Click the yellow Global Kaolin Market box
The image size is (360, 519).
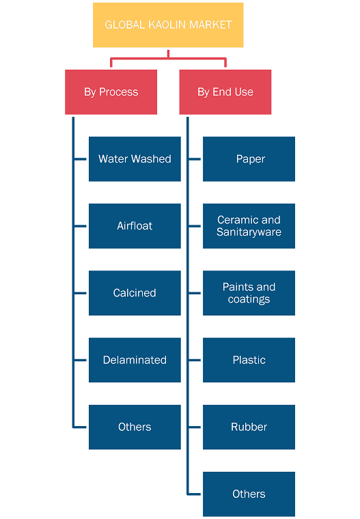tap(168, 25)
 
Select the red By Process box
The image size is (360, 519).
tap(111, 92)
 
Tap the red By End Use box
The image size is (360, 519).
tap(225, 92)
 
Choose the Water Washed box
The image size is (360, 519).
tap(135, 159)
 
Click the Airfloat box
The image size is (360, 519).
tap(135, 226)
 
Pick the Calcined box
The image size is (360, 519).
tap(135, 293)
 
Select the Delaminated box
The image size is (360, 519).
tap(135, 360)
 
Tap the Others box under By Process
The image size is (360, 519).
tap(135, 427)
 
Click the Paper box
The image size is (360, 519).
tap(249, 159)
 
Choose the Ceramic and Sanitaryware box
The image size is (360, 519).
tap(249, 226)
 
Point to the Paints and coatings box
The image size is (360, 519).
tap(249, 293)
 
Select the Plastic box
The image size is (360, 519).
tap(249, 360)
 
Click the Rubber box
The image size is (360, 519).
tap(249, 427)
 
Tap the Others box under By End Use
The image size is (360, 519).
tap(249, 494)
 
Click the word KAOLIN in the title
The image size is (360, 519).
tap(168, 25)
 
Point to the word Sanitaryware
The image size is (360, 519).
tap(249, 232)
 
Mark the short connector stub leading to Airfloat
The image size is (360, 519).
tap(81, 226)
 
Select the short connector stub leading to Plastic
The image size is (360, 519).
tap(195, 360)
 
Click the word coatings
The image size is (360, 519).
tap(249, 299)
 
